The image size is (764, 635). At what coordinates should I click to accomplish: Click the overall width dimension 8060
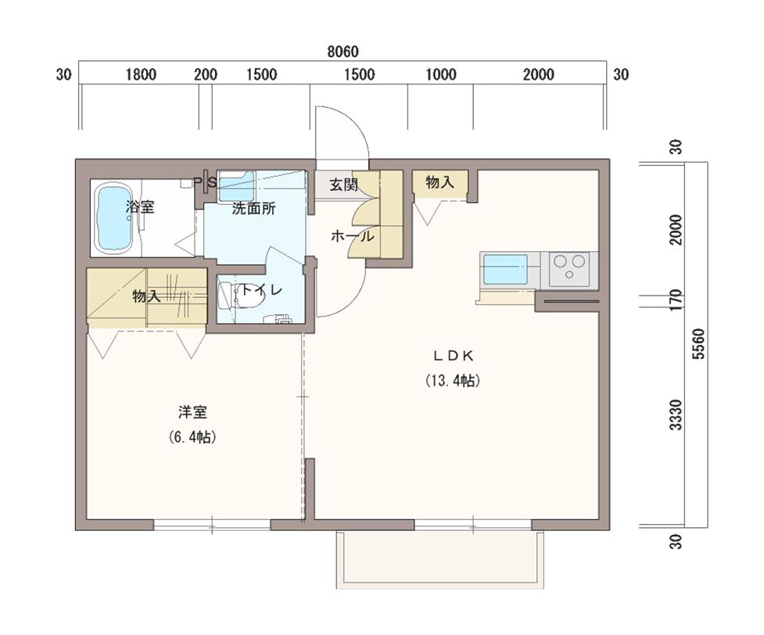[x=343, y=52]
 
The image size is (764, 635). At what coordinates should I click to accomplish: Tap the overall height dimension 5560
[x=699, y=344]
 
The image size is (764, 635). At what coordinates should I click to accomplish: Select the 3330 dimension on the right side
[x=676, y=414]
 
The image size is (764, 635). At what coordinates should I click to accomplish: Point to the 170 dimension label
[x=676, y=299]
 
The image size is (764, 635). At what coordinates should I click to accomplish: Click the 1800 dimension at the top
[x=141, y=74]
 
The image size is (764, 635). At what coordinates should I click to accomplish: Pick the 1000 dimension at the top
[x=441, y=74]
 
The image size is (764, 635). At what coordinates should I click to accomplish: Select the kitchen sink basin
[x=505, y=270]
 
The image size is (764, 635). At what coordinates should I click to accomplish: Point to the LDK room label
[x=454, y=357]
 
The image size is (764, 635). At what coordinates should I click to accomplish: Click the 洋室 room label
[x=192, y=413]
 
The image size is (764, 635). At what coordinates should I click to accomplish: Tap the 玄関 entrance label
[x=343, y=185]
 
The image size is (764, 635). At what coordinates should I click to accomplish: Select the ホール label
[x=352, y=237]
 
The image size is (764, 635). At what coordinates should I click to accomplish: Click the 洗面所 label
[x=253, y=209]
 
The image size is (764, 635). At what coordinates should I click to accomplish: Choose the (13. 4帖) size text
[x=453, y=381]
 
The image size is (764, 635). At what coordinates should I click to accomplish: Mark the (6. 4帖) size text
[x=192, y=437]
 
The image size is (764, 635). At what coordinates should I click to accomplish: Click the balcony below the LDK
[x=440, y=559]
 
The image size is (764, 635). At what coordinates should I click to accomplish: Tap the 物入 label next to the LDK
[x=440, y=183]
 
